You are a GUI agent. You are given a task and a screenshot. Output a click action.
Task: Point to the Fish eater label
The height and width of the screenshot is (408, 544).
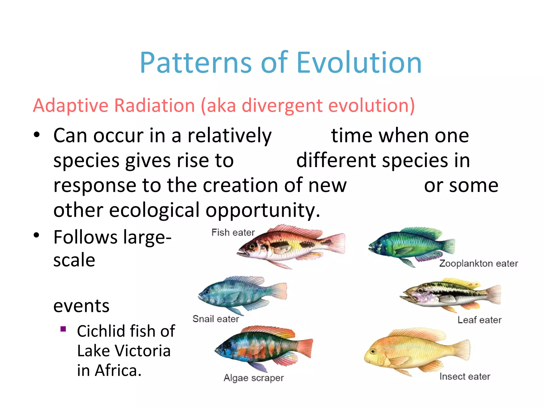click(x=233, y=232)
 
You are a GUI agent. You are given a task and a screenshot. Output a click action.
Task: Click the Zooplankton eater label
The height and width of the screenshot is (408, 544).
click(x=478, y=263)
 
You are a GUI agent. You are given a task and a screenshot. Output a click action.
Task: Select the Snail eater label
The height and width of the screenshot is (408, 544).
click(x=216, y=318)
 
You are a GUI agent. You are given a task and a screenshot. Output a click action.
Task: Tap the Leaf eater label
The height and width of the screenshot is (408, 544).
click(x=479, y=320)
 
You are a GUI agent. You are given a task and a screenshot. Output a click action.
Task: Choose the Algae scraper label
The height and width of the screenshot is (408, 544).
click(x=254, y=378)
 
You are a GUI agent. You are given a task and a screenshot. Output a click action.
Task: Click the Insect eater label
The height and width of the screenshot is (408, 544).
click(x=465, y=376)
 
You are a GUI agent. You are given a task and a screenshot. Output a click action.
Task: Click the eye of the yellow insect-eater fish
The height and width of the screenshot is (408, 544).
click(x=373, y=351)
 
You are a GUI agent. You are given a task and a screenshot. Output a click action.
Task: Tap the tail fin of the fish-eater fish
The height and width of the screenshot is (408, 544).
click(x=336, y=243)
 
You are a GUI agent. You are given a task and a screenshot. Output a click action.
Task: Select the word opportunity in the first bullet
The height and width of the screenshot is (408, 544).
click(x=263, y=210)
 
